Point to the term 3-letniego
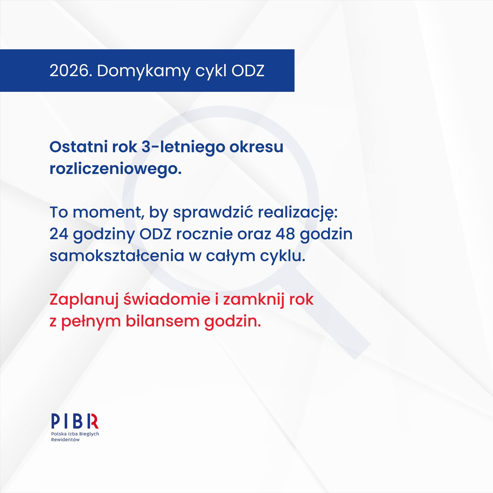[x=183, y=148]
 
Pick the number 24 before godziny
[x=59, y=234]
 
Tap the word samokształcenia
[x=117, y=256]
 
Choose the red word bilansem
[x=162, y=321]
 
